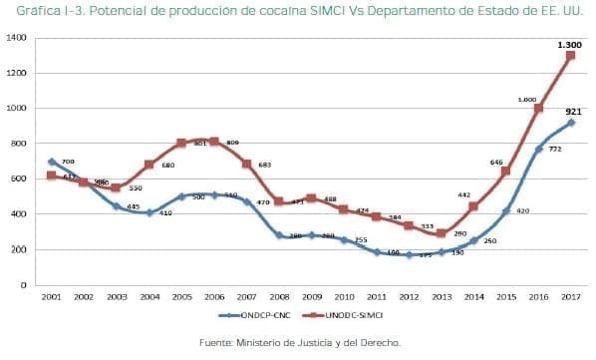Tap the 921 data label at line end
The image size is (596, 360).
tap(573, 112)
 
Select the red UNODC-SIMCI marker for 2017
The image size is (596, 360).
tap(570, 55)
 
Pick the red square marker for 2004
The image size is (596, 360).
tap(149, 165)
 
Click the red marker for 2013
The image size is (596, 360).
tap(441, 233)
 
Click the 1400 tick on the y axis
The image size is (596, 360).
tap(16, 38)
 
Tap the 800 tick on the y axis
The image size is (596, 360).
tap(19, 144)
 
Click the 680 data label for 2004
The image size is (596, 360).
tap(167, 165)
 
